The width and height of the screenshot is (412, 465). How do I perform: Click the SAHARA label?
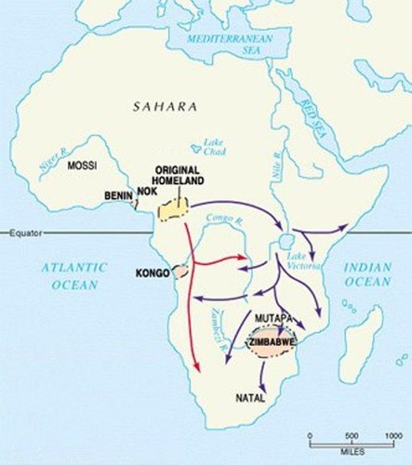pos(165,107)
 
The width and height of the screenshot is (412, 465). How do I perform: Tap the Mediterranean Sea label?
pos(230,44)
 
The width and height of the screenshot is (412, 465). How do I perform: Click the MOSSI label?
pos(82,166)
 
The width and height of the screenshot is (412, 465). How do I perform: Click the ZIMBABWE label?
pos(271,342)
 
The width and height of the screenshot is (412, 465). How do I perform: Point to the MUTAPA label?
pos(273,318)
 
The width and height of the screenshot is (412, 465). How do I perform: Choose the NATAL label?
pos(250,398)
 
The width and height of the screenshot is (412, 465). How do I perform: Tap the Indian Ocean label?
pos(368,274)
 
